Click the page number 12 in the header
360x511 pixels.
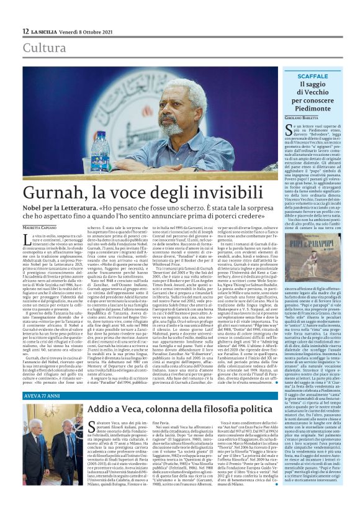(x=25, y=30)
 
